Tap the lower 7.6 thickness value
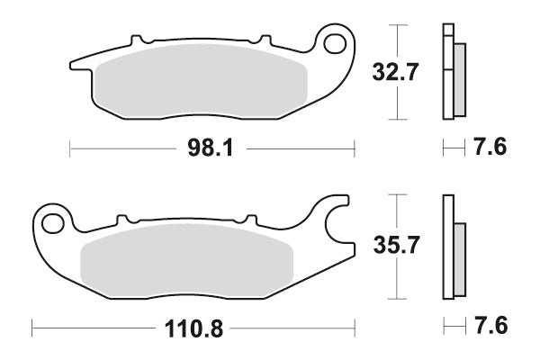(x=489, y=326)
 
